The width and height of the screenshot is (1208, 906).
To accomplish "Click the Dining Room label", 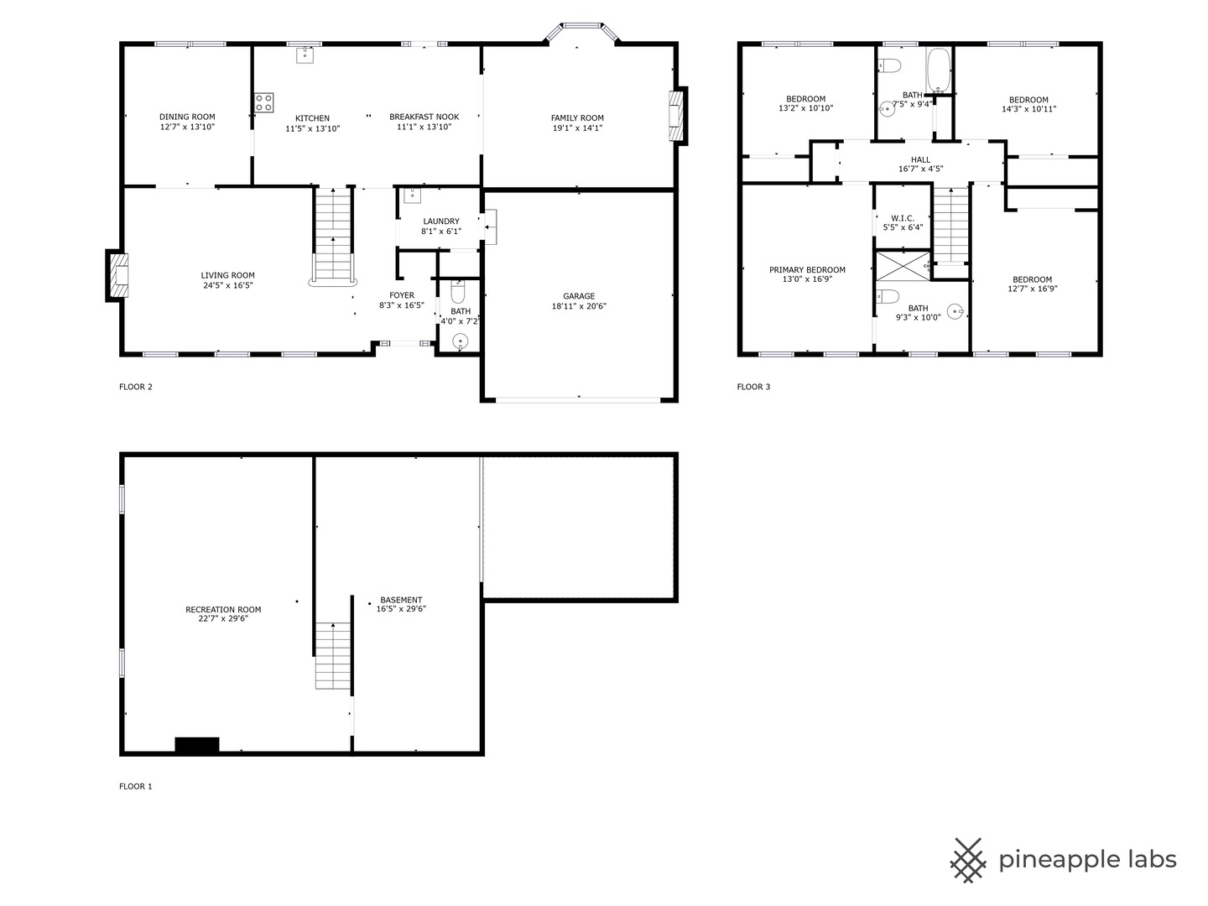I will pyautogui.click(x=187, y=117).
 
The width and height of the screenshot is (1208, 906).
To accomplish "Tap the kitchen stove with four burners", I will pyautogui.click(x=263, y=102).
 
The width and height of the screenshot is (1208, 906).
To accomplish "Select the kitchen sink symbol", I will pyautogui.click(x=305, y=54).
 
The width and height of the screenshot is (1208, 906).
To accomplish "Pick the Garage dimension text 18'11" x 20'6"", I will pyautogui.click(x=579, y=306).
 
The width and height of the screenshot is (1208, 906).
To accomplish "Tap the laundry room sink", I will pyautogui.click(x=412, y=195).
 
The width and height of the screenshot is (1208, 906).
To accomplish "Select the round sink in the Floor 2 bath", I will pyautogui.click(x=460, y=341).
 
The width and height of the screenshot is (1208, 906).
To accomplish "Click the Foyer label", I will pyautogui.click(x=402, y=295).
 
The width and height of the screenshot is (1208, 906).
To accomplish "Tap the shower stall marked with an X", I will pyautogui.click(x=903, y=266).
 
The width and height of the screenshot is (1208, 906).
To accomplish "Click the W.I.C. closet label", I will pyautogui.click(x=903, y=218).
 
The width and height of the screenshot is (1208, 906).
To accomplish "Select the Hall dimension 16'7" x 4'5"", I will pyautogui.click(x=920, y=169).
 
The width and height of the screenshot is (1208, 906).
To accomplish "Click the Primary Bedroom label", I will pyautogui.click(x=807, y=270).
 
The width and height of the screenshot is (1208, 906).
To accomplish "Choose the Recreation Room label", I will pyautogui.click(x=223, y=609).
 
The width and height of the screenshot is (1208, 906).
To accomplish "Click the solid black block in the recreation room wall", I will pyautogui.click(x=197, y=744).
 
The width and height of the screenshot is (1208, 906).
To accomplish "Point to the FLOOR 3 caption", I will pyautogui.click(x=753, y=387).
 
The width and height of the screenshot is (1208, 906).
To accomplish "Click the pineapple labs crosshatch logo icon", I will pyautogui.click(x=967, y=860).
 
